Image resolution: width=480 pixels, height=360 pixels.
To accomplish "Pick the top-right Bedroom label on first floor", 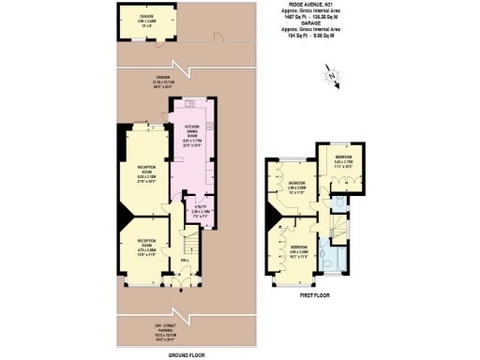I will click(344, 160).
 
